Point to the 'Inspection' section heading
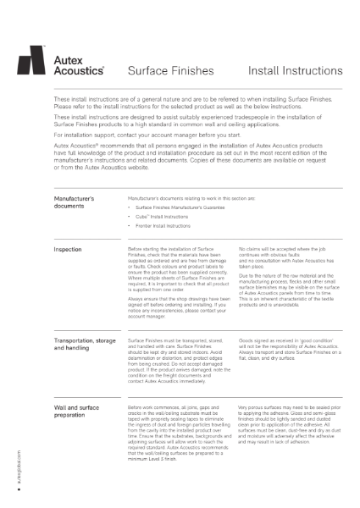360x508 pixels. point(68,250)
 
